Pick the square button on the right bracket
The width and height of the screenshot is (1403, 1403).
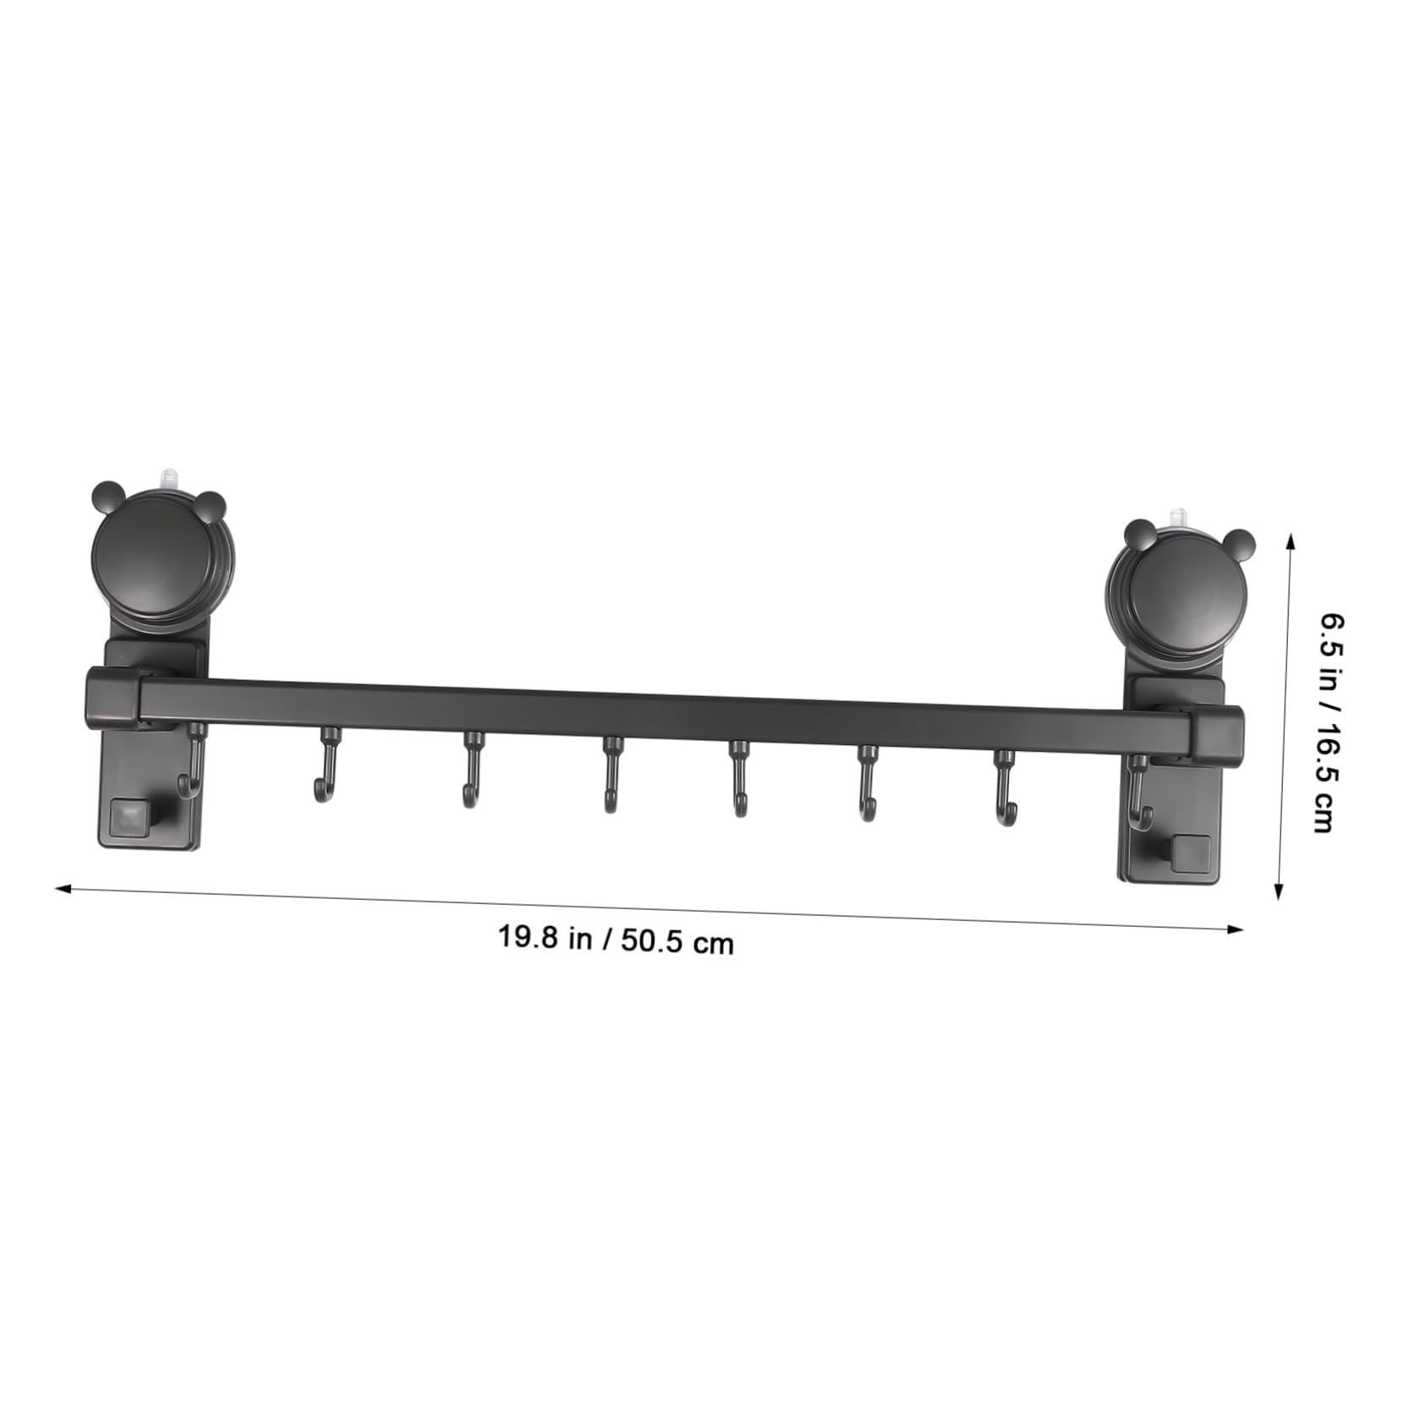(1191, 849)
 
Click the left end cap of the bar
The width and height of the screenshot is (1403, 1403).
(113, 695)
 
